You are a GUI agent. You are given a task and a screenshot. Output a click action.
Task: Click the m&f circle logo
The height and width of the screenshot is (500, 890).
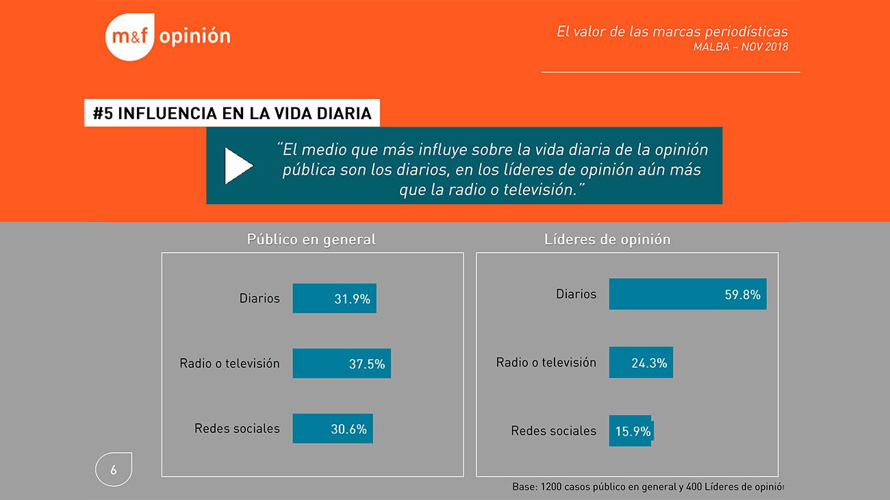click(x=131, y=37)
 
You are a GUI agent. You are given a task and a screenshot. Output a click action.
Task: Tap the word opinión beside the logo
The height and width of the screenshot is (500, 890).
click(x=194, y=36)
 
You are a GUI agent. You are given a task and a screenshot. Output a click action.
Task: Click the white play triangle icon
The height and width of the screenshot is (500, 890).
click(x=238, y=165)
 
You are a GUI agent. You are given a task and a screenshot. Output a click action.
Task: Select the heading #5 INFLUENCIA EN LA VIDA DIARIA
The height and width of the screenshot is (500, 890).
click(x=232, y=114)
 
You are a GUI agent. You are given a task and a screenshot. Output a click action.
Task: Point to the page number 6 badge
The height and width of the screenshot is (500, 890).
click(x=114, y=470)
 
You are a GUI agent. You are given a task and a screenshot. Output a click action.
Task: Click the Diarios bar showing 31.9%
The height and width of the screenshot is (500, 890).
click(x=334, y=299)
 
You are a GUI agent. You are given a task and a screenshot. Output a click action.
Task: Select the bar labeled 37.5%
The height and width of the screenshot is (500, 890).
click(x=341, y=364)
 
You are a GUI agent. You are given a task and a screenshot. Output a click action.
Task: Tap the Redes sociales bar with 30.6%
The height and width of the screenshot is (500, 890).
click(x=332, y=429)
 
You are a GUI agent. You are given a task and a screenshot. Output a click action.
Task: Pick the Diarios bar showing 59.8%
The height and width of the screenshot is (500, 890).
click(x=687, y=295)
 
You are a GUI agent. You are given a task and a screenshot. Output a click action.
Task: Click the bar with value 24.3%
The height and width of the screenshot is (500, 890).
click(x=641, y=363)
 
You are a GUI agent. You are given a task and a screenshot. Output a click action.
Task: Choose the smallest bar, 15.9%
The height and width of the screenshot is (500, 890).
click(x=630, y=432)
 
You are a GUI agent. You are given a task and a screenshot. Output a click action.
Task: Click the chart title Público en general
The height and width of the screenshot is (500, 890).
click(x=311, y=240)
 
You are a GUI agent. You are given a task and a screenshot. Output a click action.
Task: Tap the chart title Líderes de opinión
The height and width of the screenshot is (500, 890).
click(x=607, y=240)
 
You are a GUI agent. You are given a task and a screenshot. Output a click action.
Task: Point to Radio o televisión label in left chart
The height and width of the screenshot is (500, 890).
click(x=229, y=364)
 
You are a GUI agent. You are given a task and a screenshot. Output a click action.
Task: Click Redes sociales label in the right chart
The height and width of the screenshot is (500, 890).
click(x=553, y=431)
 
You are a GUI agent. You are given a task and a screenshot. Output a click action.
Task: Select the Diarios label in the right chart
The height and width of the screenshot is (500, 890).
click(x=576, y=294)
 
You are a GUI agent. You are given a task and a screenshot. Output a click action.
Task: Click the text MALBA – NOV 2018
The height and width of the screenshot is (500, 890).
click(x=740, y=47)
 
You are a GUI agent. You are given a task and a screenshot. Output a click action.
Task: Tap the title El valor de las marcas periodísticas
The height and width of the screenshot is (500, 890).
click(x=672, y=32)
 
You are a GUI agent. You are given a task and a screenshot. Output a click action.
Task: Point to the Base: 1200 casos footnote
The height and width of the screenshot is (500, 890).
click(x=648, y=487)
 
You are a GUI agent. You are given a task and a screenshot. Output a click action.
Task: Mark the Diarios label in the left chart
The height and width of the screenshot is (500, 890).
click(x=259, y=299)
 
